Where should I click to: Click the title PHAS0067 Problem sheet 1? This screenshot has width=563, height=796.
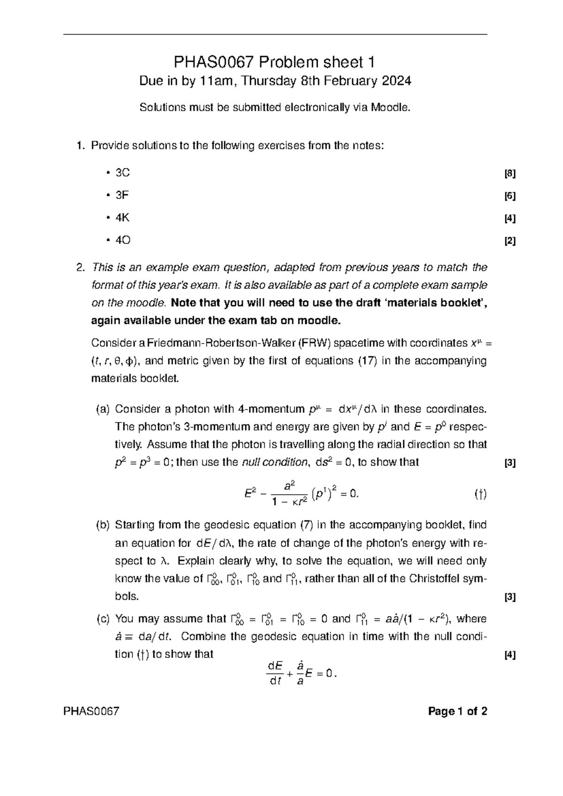[275, 62]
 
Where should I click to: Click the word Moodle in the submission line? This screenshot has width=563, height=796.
[390, 108]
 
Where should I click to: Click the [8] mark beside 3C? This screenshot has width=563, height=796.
[510, 174]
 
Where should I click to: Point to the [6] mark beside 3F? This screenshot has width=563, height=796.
[510, 197]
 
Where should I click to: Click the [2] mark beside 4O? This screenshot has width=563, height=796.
[510, 242]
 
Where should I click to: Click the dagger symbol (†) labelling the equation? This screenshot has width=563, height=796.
[480, 494]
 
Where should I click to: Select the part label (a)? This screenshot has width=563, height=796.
[102, 409]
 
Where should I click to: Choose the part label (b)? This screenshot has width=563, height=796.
[102, 525]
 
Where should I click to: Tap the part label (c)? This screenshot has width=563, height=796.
[102, 619]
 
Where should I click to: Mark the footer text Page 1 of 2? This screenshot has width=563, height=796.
[457, 712]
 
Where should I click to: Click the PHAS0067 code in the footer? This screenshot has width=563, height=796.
[92, 712]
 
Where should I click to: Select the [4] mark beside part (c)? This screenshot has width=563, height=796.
[510, 656]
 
